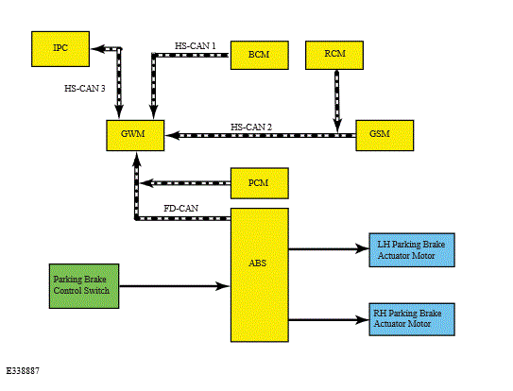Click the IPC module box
coord(60,49)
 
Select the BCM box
coord(260,55)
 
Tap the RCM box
coord(334,55)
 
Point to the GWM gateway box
coord(135,135)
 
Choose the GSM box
coord(385,135)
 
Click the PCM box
coord(260,183)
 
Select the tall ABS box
coord(260,275)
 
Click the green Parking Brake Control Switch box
coord(84,286)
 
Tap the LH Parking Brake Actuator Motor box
coord(412,250)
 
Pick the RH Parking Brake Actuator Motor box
coord(412,319)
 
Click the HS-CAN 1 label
coord(196,46)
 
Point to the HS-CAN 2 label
coord(251,127)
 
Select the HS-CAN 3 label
coord(85,89)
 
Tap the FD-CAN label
coord(181,209)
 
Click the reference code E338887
coord(23,371)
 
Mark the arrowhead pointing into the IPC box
coord(97,49)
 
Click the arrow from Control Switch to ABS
coord(175,286)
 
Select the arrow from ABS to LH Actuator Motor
coord(329,248)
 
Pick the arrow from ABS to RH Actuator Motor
coord(329,319)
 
